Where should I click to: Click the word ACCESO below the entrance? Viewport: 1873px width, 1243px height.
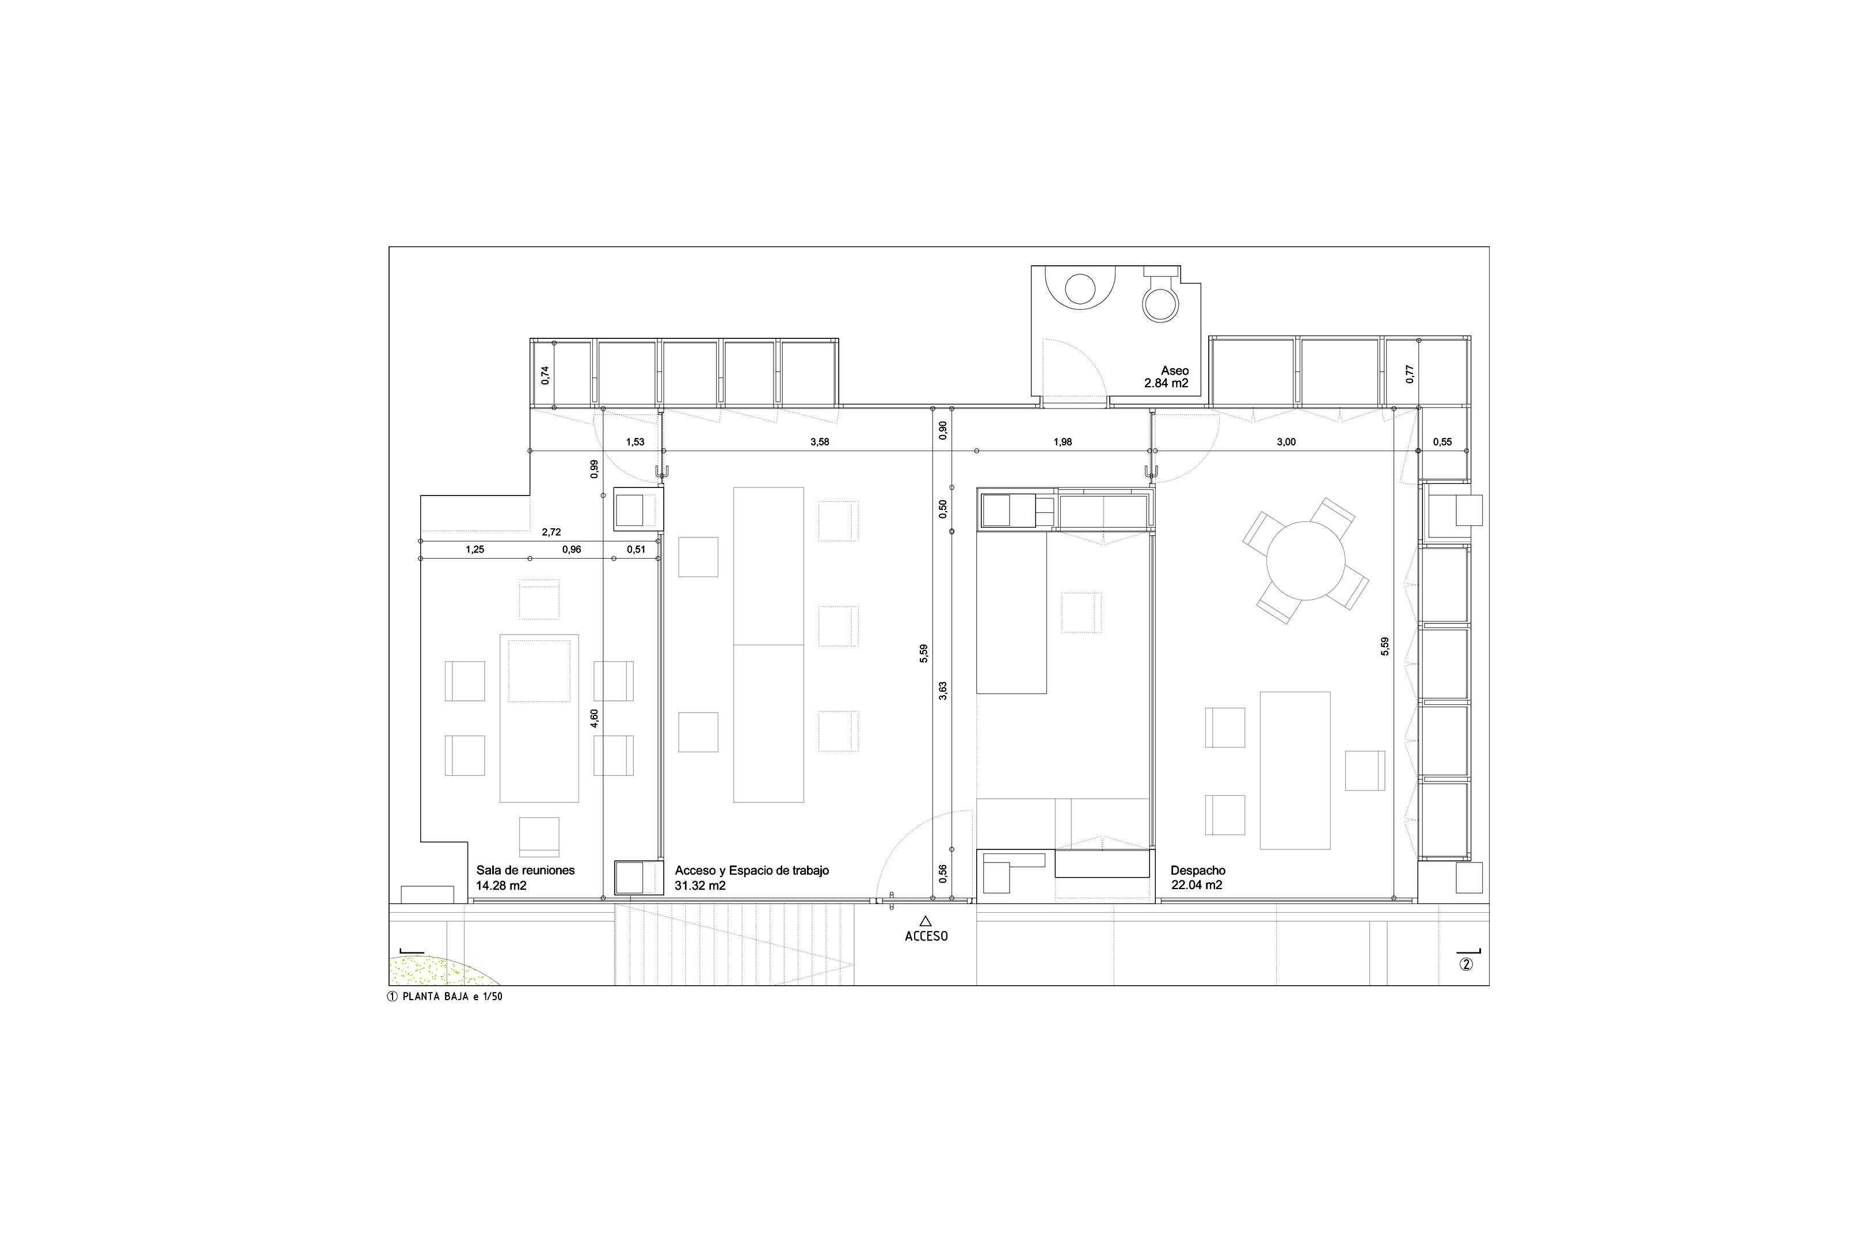(x=926, y=936)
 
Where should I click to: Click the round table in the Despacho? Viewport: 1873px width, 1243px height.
(x=1305, y=561)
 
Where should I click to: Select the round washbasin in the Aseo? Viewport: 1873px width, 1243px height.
(x=1079, y=288)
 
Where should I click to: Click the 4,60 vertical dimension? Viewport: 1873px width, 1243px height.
(x=594, y=719)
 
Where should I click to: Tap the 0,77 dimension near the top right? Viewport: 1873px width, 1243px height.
(x=1409, y=374)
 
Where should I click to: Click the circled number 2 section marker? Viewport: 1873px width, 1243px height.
(x=1466, y=964)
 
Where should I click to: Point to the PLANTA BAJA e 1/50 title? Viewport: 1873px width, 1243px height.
(x=452, y=997)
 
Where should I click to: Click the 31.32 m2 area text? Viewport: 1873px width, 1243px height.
(x=700, y=886)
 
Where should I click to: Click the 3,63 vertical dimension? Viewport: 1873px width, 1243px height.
(x=943, y=691)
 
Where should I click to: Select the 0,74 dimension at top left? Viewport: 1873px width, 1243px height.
(x=545, y=375)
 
